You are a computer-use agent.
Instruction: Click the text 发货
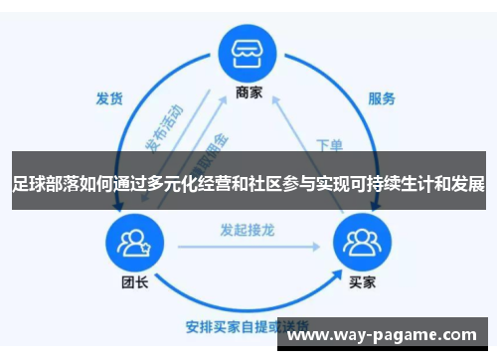[x=108, y=98]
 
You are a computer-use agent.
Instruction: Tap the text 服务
[x=382, y=98]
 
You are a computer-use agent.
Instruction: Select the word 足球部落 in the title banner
[x=44, y=185]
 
